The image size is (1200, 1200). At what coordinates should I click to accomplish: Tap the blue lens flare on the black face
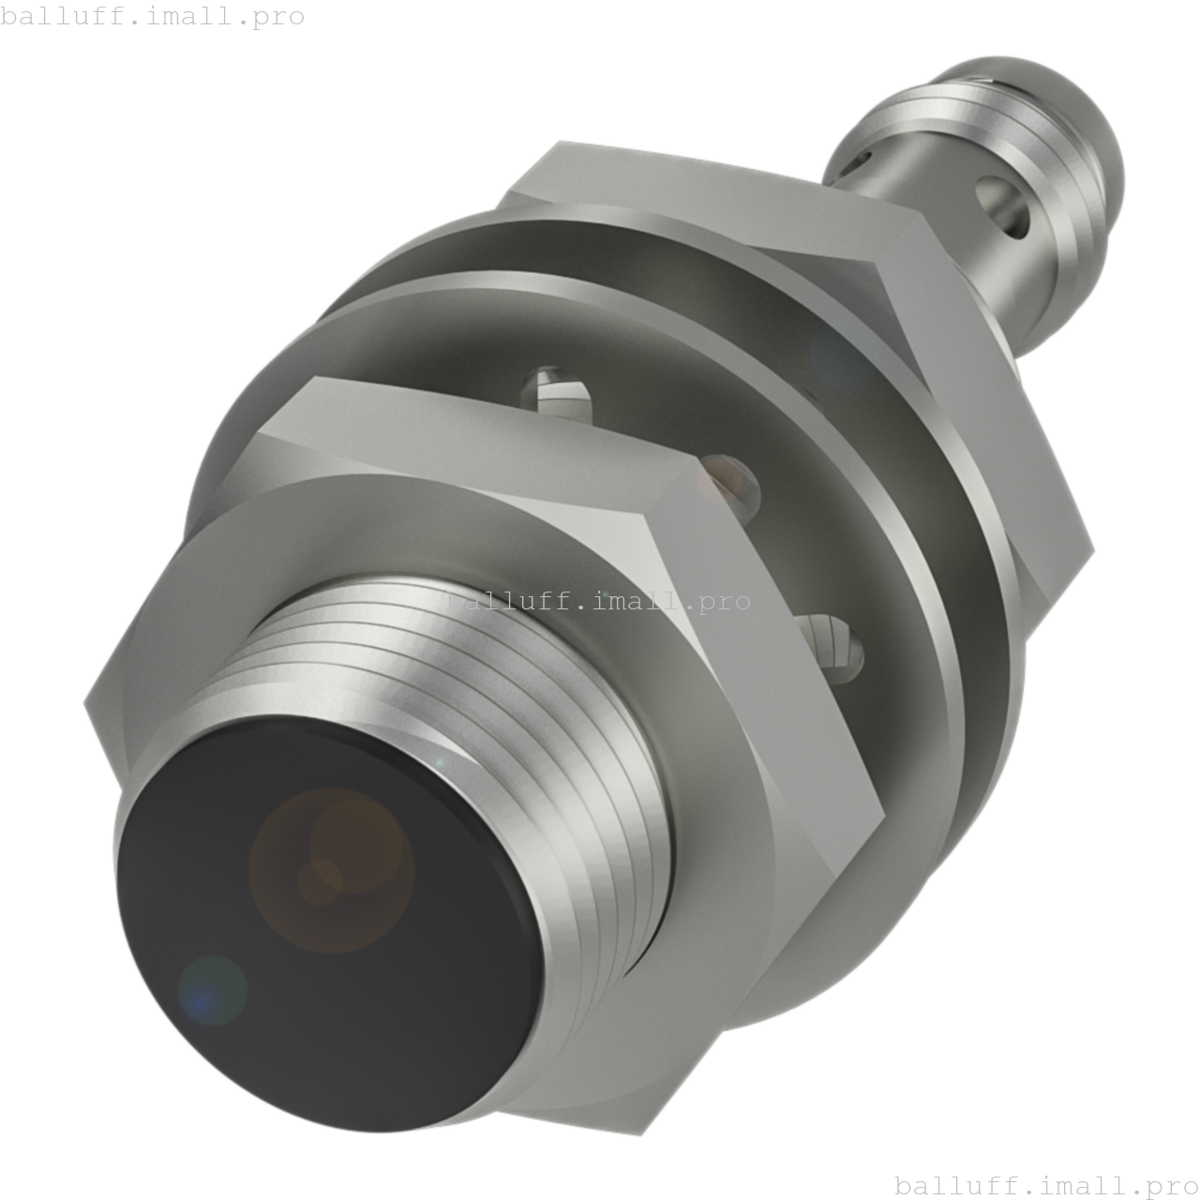click(212, 990)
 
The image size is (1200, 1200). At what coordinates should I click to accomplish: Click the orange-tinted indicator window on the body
click(726, 478)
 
